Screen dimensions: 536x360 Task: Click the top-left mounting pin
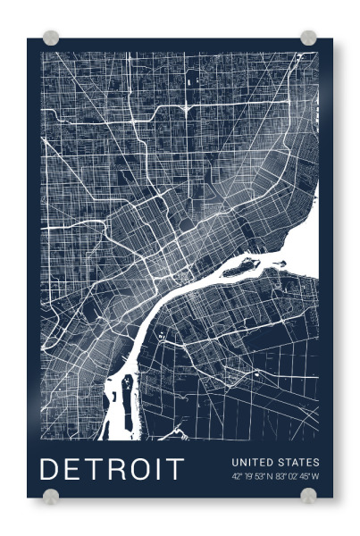pyautogui.click(x=52, y=38)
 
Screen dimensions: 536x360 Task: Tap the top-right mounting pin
pyautogui.click(x=308, y=38)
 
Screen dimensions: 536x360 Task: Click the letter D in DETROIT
pyautogui.click(x=51, y=469)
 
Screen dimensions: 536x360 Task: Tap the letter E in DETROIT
pyautogui.click(x=73, y=469)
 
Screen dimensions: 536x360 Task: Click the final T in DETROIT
pyautogui.click(x=174, y=469)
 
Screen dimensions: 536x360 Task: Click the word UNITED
pyautogui.click(x=250, y=462)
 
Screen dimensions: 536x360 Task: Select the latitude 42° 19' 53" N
pyautogui.click(x=252, y=477)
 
